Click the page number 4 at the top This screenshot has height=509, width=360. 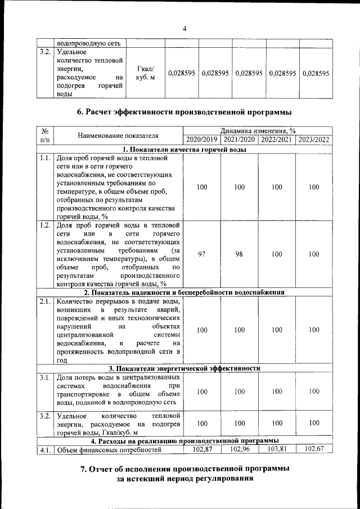pyautogui.click(x=184, y=29)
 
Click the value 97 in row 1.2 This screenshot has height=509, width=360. pyautogui.click(x=202, y=254)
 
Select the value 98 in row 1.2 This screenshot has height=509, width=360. pyautogui.click(x=239, y=254)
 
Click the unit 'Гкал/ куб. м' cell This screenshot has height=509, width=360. pyautogui.click(x=146, y=73)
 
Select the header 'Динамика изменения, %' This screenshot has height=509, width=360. pyautogui.click(x=258, y=130)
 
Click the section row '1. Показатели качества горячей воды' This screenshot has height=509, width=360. pyautogui.click(x=184, y=149)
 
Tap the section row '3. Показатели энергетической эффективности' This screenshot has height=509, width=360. pyautogui.click(x=184, y=368)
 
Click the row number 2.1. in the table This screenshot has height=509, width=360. pyautogui.click(x=45, y=301)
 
